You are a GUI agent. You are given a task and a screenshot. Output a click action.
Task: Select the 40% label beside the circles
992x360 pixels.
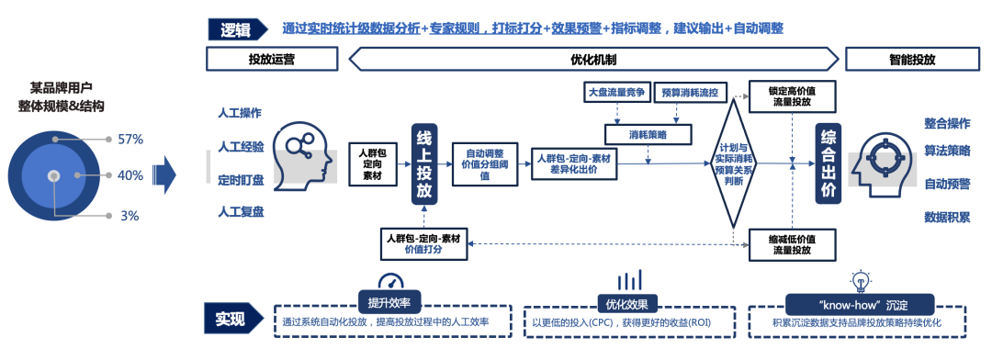pos(130,174)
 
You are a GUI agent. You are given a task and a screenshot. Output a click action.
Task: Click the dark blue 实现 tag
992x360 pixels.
pos(231,320)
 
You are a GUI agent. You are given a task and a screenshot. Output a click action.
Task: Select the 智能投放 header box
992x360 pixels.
pos(912,59)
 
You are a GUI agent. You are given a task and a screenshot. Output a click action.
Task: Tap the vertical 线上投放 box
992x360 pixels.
pos(423,163)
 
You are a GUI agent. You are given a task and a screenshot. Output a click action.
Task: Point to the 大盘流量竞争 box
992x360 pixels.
pos(617,92)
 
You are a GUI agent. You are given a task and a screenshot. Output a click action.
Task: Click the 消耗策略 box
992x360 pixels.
pos(648,134)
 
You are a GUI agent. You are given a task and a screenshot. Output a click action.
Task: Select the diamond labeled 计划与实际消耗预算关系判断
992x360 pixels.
pos(734,163)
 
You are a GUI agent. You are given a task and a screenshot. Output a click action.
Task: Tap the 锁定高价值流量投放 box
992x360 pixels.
pos(790,96)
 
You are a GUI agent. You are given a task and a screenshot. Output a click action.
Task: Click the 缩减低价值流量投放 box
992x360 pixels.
pos(790,243)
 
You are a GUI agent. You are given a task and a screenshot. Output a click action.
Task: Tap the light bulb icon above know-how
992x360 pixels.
pos(861,281)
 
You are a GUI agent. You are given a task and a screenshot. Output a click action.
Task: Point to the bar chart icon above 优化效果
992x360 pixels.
pos(629,280)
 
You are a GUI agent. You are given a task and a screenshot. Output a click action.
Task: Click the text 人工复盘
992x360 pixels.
pos(241,212)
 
